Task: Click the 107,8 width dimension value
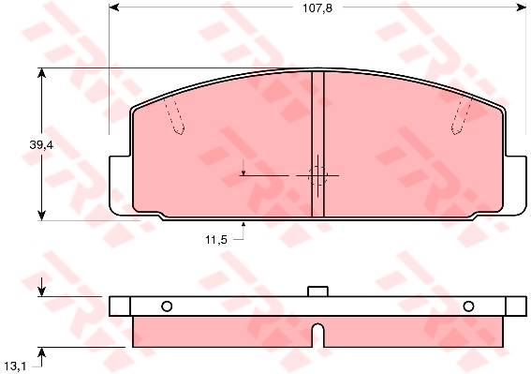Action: click(x=317, y=8)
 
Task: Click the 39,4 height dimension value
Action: click(x=41, y=144)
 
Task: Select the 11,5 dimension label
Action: click(x=216, y=240)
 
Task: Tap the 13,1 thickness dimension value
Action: click(x=16, y=367)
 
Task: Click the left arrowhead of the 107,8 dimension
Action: click(x=114, y=7)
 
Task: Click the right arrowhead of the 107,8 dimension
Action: click(x=522, y=7)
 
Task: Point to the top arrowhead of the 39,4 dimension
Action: click(x=41, y=73)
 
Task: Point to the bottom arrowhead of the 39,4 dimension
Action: click(x=41, y=216)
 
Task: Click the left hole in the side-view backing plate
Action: click(x=167, y=307)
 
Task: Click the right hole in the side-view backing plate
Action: click(x=468, y=307)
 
